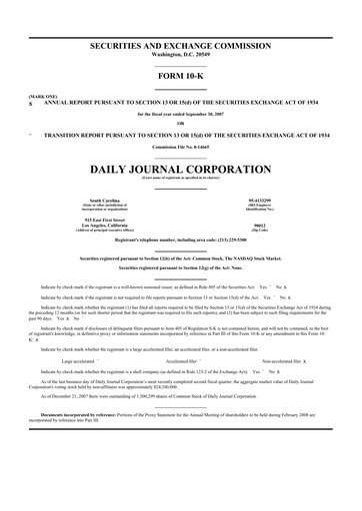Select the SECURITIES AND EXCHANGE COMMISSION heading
coord(180,46)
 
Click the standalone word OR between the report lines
coord(180,124)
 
